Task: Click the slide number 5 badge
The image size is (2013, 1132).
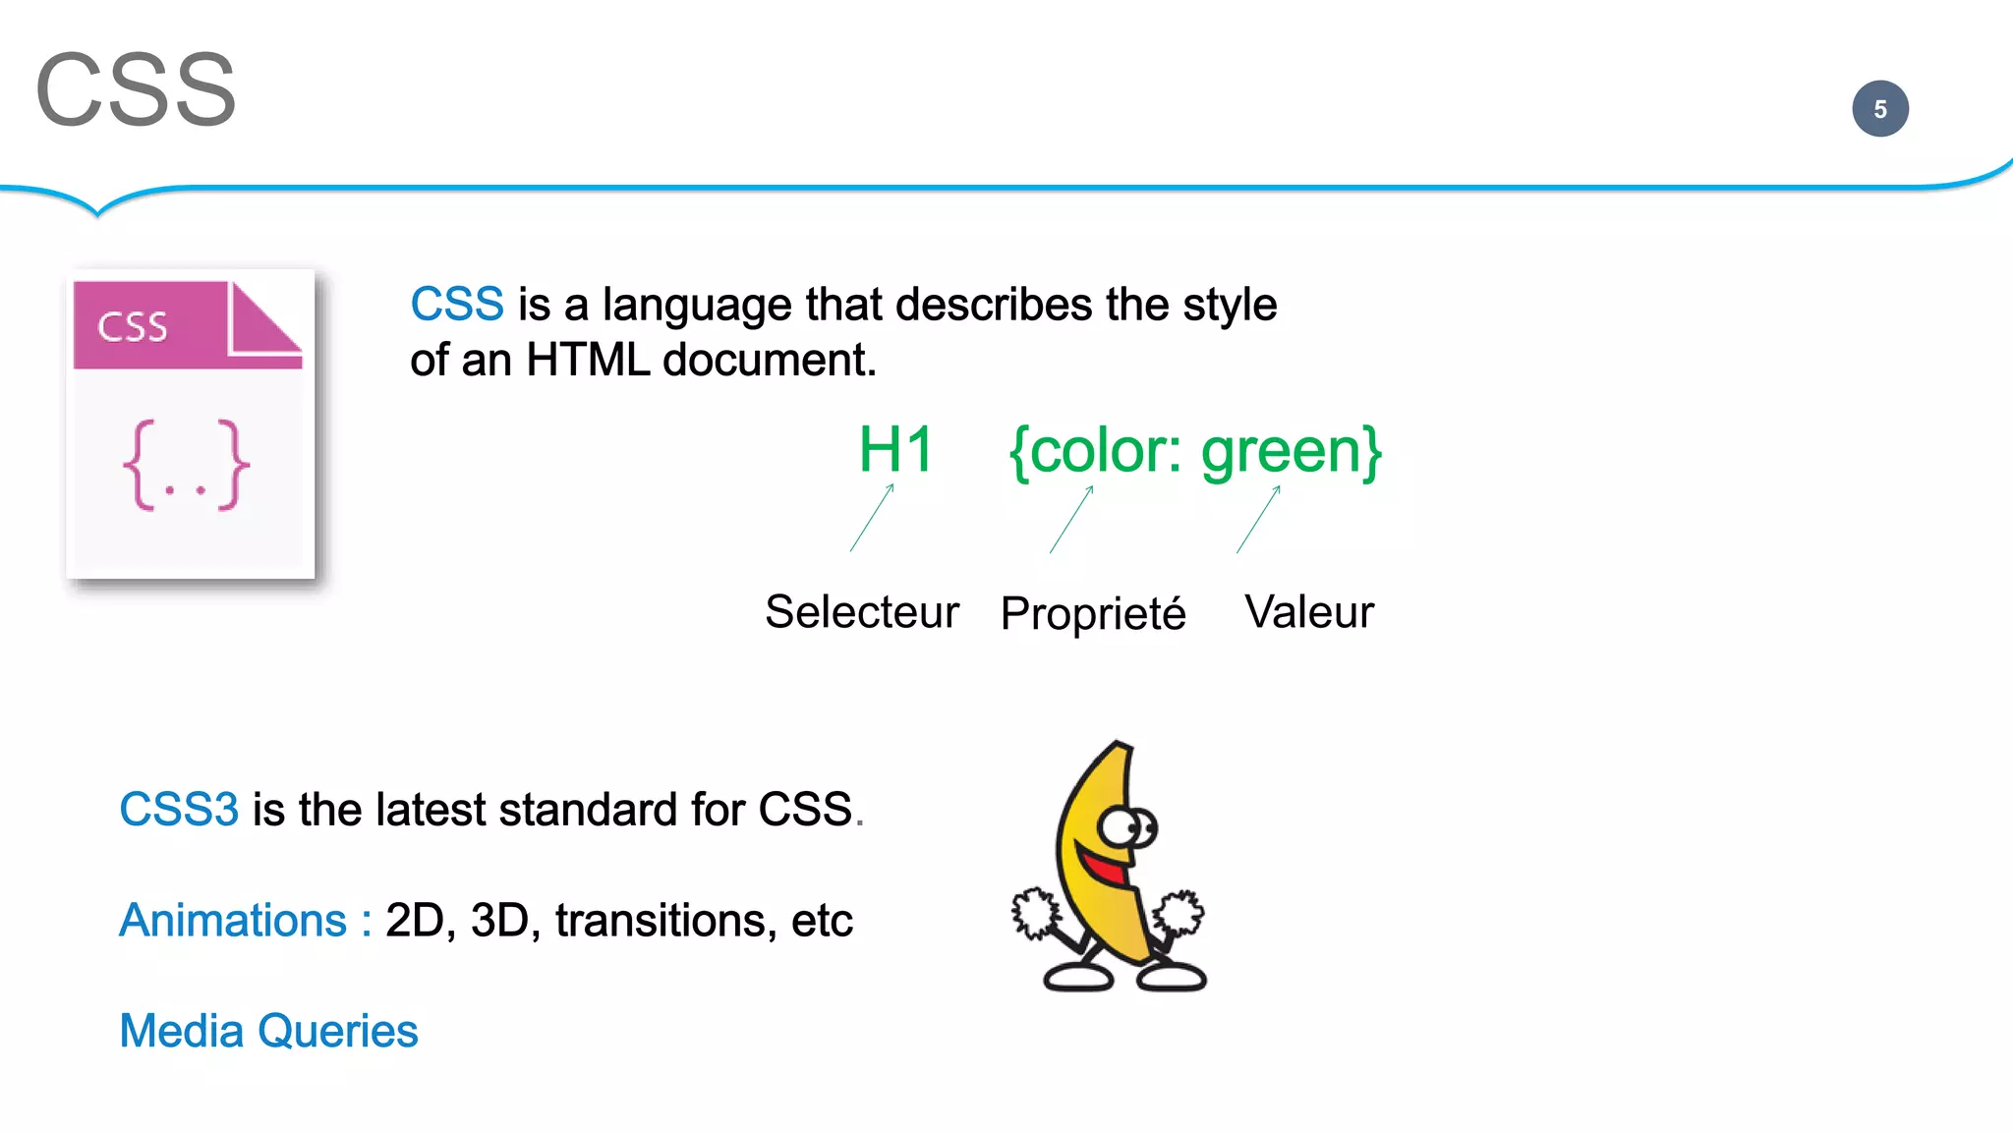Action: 1879,109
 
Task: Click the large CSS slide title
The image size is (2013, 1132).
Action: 136,90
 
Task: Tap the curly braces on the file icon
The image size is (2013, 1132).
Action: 186,465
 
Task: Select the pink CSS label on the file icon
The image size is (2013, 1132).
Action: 133,326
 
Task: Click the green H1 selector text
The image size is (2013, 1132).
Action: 894,450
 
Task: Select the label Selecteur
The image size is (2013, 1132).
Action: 861,612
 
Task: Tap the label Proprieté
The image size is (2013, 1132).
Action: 1092,614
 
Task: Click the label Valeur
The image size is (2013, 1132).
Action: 1308,612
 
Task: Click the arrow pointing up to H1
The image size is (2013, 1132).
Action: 872,518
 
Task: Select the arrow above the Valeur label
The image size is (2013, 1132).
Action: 1258,520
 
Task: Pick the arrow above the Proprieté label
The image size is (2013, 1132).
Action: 1071,520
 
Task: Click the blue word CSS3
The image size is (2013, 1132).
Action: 179,810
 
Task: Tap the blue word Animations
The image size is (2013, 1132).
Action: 233,921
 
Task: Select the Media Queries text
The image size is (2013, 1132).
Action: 268,1032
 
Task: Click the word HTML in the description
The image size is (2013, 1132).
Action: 587,361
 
